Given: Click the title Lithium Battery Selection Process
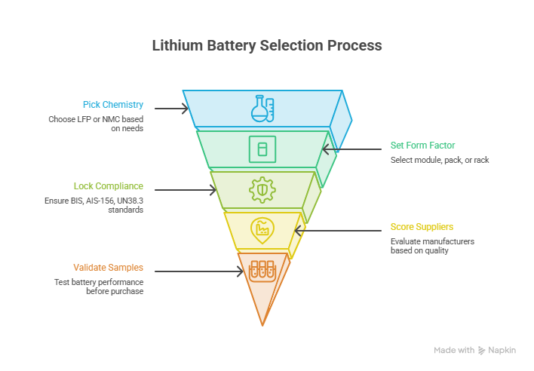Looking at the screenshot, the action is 267,45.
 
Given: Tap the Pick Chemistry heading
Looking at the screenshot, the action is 113,105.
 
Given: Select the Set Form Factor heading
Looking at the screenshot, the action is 422,146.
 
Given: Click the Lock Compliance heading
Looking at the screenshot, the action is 109,186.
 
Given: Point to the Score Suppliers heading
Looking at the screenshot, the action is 422,227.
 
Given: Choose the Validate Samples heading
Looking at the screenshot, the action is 109,268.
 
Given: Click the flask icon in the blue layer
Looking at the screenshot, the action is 262,109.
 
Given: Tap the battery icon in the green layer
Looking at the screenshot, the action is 262,149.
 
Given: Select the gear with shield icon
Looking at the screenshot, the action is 262,190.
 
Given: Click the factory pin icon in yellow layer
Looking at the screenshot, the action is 262,231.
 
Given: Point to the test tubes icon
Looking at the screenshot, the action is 262,271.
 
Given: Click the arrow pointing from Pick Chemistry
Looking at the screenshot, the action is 171,109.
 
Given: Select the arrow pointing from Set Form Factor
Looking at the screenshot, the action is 351,149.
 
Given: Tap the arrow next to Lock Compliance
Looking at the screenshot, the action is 186,190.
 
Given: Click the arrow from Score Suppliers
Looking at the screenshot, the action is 338,231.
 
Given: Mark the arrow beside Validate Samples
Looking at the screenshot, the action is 199,271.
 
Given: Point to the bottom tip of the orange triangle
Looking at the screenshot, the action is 262,326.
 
